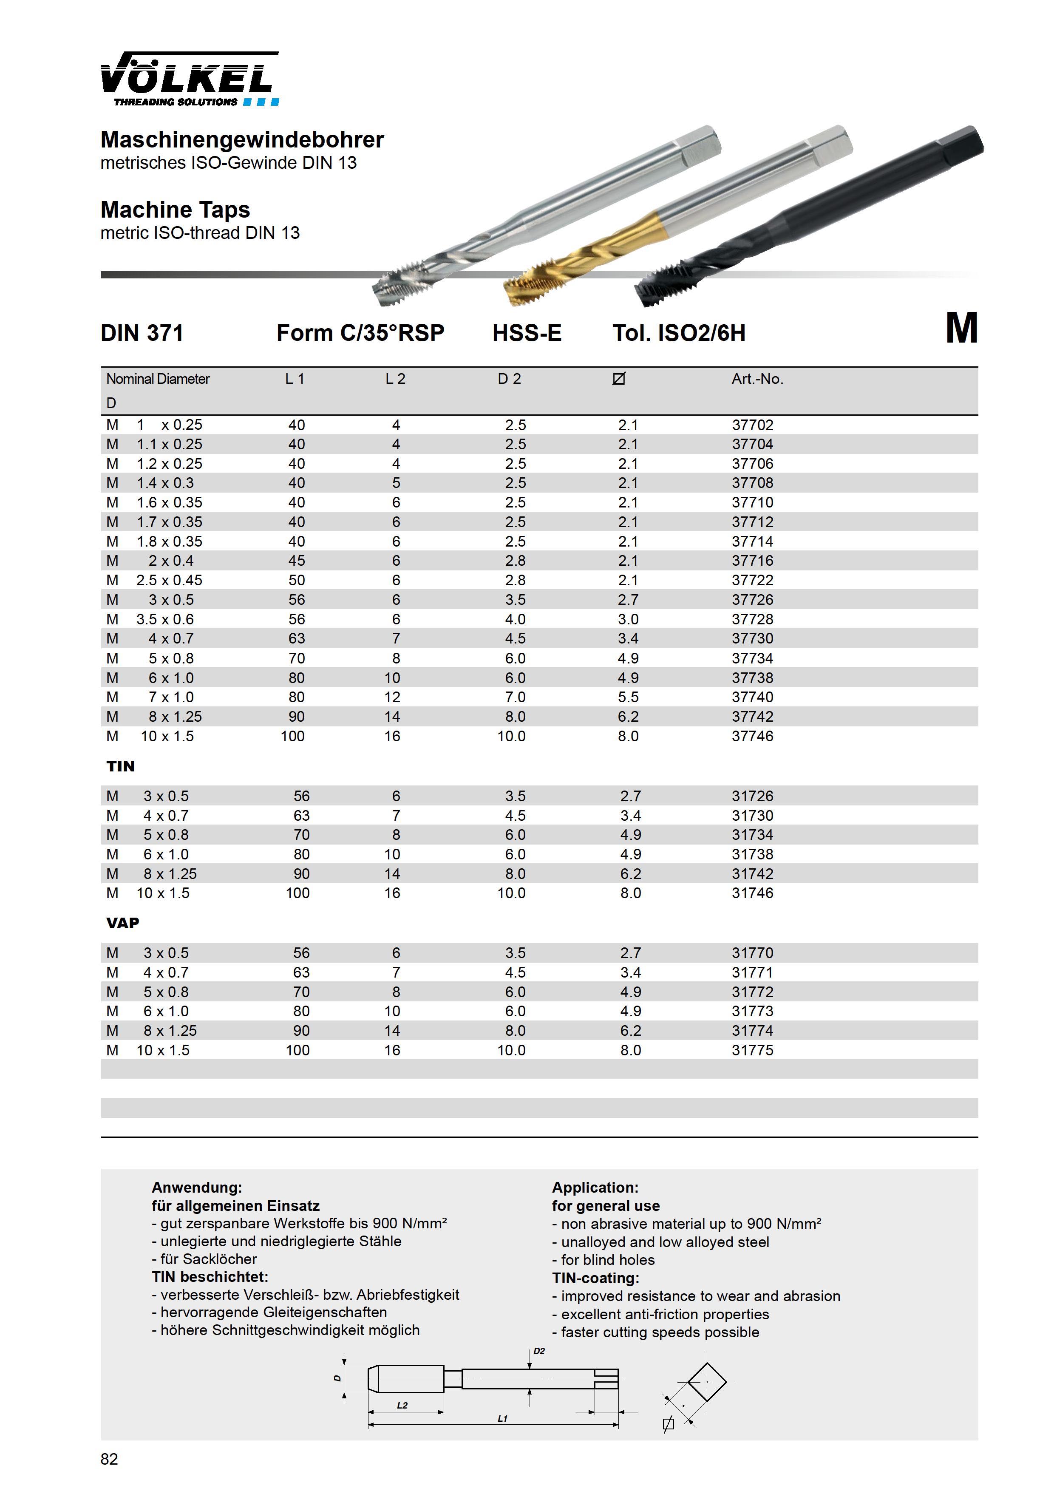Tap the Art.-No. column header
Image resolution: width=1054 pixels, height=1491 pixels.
[x=757, y=379]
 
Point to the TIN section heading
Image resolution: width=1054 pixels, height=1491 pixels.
[x=121, y=766]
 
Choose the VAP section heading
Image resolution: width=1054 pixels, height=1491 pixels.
[x=123, y=923]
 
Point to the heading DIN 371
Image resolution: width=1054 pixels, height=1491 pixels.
[x=142, y=333]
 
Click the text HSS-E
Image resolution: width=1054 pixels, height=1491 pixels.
[x=527, y=333]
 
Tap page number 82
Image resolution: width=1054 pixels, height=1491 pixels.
[x=109, y=1459]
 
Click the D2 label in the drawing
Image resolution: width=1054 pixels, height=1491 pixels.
[x=539, y=1352]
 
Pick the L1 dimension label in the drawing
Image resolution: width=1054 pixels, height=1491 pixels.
[x=502, y=1419]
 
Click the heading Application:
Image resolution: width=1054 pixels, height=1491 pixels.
[x=595, y=1188]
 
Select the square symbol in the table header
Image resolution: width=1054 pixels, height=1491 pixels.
[x=618, y=379]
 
